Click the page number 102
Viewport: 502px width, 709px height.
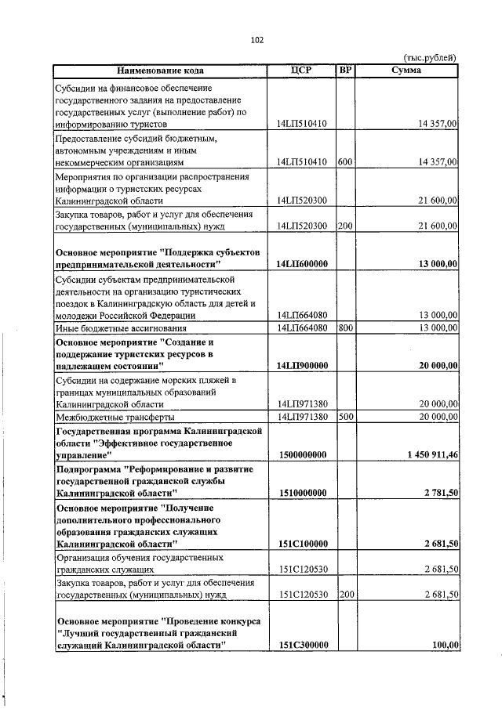point(256,40)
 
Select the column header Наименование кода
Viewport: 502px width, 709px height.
point(160,71)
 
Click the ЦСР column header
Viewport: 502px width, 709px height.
point(301,71)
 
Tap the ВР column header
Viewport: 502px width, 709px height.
point(344,71)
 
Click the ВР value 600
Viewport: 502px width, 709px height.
point(344,162)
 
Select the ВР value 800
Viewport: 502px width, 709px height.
point(344,327)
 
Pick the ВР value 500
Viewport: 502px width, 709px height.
point(344,417)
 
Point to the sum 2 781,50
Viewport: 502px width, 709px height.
point(441,492)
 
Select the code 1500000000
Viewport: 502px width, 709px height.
point(302,454)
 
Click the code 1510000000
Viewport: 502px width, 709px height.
point(302,492)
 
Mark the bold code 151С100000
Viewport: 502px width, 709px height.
point(302,544)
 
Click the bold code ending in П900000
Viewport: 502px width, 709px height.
point(302,366)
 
